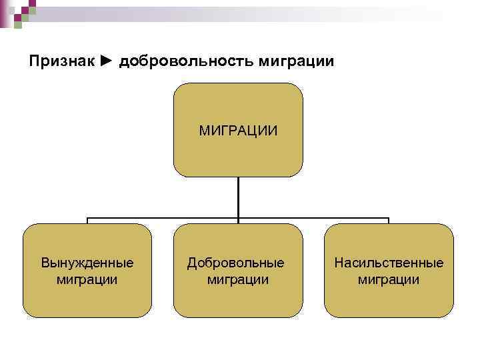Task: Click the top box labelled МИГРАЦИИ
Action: (238, 129)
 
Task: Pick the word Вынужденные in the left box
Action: (87, 263)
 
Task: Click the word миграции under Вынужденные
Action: (87, 279)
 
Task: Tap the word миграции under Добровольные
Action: (238, 279)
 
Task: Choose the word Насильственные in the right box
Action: (389, 263)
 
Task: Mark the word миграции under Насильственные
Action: (389, 279)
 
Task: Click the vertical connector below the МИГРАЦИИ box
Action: (238, 197)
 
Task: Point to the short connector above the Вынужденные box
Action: (87, 220)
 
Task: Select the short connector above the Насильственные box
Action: (389, 220)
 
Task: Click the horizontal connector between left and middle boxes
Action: (163, 218)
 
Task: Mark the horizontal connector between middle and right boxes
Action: (313, 218)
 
